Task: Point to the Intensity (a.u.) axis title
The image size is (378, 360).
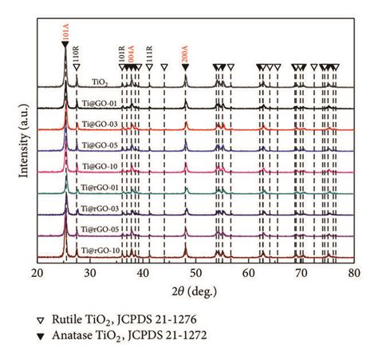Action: [13, 144]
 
